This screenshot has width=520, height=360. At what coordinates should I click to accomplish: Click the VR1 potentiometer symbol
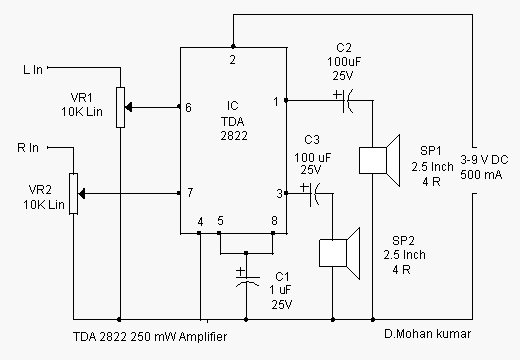pyautogui.click(x=121, y=107)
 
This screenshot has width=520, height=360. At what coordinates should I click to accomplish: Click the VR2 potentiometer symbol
pyautogui.click(x=73, y=192)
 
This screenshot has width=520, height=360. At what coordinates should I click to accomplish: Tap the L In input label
pyautogui.click(x=31, y=69)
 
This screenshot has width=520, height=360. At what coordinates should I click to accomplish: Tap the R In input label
pyautogui.click(x=29, y=148)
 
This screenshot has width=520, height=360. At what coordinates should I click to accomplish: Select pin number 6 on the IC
pyautogui.click(x=188, y=107)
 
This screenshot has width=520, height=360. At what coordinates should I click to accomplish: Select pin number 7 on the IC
pyautogui.click(x=188, y=191)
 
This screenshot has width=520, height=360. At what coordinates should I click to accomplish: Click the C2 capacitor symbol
pyautogui.click(x=346, y=99)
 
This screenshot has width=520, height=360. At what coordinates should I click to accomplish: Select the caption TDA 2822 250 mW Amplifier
pyautogui.click(x=150, y=334)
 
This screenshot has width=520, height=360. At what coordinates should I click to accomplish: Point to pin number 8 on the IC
pyautogui.click(x=273, y=220)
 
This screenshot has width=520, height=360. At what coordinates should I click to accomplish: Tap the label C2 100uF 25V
pyautogui.click(x=346, y=61)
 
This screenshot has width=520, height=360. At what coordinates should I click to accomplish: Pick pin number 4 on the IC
pyautogui.click(x=200, y=220)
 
